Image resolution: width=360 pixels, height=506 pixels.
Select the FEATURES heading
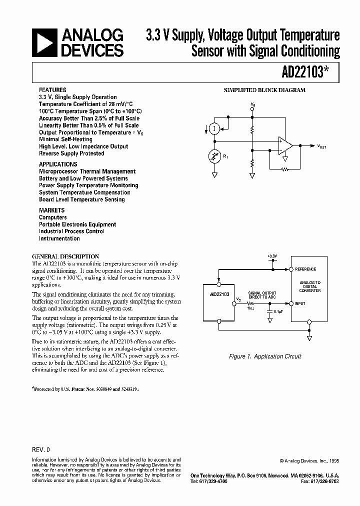tap(52, 90)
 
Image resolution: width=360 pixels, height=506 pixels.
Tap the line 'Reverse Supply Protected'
tap(71, 153)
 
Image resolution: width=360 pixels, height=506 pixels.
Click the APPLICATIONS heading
tap(58, 164)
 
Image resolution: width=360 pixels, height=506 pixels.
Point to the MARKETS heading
tap(52, 210)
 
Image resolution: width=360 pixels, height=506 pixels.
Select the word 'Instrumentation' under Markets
tap(59, 238)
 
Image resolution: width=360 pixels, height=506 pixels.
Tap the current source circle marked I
tap(214, 129)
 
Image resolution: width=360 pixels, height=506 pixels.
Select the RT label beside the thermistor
tap(225, 158)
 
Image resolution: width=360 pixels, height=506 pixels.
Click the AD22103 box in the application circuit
tap(219, 304)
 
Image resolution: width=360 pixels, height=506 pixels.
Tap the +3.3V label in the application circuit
tap(271, 256)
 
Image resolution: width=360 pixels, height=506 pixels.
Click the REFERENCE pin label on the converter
tap(305, 269)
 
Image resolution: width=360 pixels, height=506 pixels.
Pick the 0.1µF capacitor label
tap(279, 311)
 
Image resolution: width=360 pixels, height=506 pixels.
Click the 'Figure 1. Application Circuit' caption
tap(264, 356)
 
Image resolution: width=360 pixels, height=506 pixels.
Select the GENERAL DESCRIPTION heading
tap(65, 256)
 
